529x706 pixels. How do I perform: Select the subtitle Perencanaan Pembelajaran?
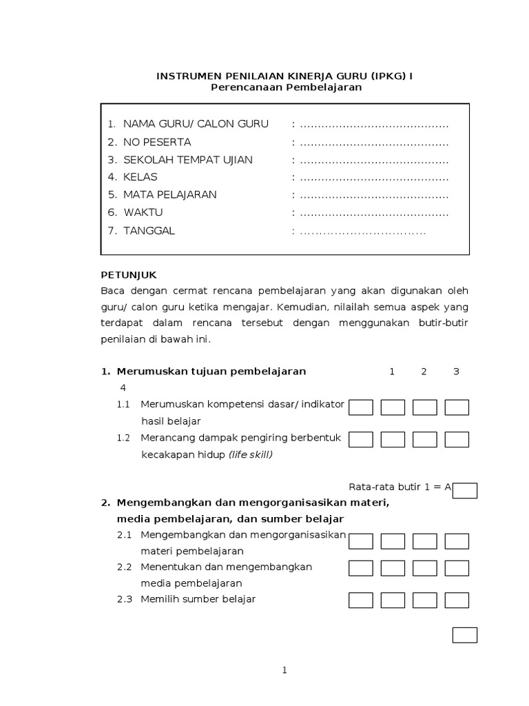click(285, 88)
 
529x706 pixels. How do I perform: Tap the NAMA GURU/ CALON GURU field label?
click(196, 124)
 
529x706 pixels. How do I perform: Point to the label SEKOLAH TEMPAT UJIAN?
click(188, 160)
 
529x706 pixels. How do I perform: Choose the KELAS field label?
click(141, 177)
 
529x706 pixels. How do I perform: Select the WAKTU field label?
click(143, 212)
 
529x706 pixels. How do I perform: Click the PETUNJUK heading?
click(129, 274)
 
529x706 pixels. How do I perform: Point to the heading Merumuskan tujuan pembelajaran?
click(211, 372)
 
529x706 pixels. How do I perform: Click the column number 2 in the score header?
click(424, 372)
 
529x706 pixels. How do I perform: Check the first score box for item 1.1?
click(361, 407)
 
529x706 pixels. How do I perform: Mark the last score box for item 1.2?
click(457, 439)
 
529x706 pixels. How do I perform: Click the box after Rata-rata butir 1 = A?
click(465, 490)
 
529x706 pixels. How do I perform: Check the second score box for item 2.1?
click(393, 541)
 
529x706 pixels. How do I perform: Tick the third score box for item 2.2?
click(425, 568)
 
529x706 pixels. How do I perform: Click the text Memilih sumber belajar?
click(198, 599)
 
